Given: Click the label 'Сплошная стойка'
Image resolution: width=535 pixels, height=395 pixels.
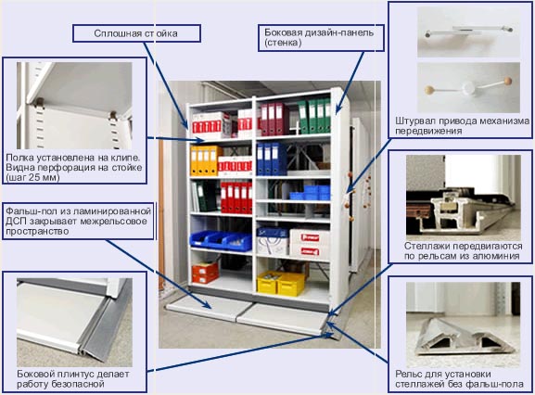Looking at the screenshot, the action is point(135,33).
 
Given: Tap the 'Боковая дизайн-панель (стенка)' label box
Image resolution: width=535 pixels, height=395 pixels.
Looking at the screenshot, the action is point(321,38).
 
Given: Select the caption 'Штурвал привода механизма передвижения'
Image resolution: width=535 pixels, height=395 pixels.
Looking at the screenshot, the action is point(463,126).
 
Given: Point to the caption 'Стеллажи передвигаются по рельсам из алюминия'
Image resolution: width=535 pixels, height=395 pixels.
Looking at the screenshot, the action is point(463,250).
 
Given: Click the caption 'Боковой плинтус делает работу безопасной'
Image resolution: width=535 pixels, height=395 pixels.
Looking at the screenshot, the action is point(73,379).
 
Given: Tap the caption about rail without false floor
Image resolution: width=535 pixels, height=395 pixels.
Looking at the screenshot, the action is point(459,379).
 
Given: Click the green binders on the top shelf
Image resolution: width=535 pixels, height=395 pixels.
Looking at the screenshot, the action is point(314,116).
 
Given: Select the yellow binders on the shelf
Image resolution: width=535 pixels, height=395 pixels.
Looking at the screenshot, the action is point(205,160).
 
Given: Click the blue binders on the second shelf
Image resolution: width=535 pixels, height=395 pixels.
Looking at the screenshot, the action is point(272,159).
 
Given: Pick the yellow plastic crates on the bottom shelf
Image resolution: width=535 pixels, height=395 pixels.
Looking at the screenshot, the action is point(281,283).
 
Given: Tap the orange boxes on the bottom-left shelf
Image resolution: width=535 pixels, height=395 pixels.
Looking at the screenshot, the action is point(205,273).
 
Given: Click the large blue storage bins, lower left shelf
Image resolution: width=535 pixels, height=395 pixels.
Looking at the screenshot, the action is point(221,240).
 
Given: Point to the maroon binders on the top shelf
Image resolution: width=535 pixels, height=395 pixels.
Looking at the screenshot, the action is point(273,119).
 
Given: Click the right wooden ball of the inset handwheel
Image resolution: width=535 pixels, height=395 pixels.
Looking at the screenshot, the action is point(508,81).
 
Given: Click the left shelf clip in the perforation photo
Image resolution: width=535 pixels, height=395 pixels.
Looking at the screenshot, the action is point(40,103).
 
